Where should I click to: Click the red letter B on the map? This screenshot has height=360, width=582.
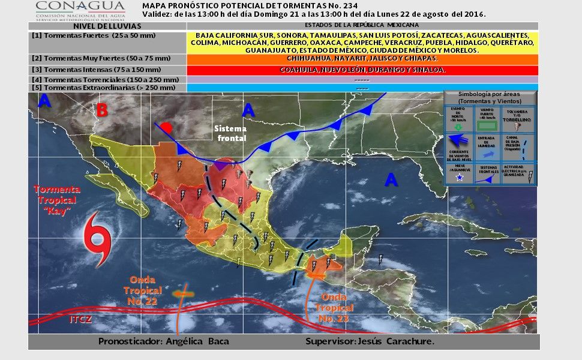pyautogui.click(x=103, y=110)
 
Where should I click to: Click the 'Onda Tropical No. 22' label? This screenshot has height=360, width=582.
pyautogui.click(x=142, y=290)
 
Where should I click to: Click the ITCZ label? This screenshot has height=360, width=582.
pyautogui.click(x=80, y=319)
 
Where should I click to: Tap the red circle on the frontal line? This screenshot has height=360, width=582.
pyautogui.click(x=167, y=127)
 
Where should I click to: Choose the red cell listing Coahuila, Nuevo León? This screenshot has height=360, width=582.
pyautogui.click(x=362, y=70)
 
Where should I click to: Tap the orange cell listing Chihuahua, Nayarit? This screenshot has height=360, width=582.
pyautogui.click(x=362, y=59)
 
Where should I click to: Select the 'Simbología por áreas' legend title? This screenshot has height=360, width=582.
pyautogui.click(x=489, y=97)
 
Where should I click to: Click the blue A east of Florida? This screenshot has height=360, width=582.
pyautogui.click(x=392, y=180)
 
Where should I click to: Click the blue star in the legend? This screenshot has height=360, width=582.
pyautogui.click(x=459, y=178)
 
